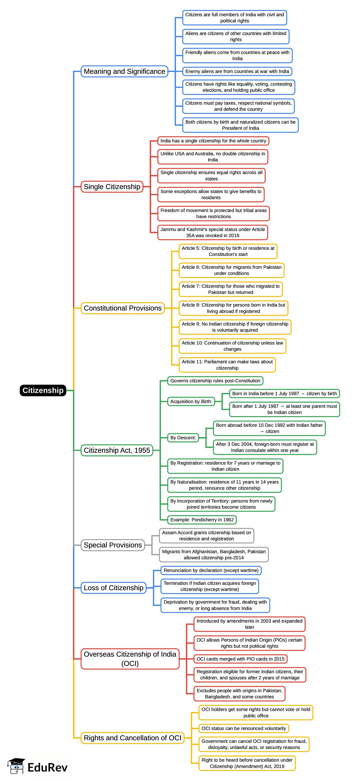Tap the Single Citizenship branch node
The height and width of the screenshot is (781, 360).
(112, 187)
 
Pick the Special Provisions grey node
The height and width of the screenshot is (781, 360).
(112, 545)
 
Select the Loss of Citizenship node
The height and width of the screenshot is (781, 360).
(113, 588)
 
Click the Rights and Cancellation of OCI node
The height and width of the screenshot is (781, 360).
(132, 738)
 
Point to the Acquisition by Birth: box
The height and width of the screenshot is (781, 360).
(191, 401)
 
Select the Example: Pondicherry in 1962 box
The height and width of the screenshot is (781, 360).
(202, 520)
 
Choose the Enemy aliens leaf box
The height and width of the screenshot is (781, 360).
(237, 72)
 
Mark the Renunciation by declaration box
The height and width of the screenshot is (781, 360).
(211, 570)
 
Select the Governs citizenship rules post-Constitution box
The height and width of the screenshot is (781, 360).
(215, 381)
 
